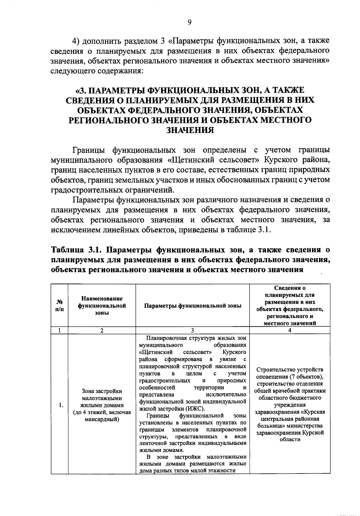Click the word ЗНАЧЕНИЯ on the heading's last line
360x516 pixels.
tap(190, 130)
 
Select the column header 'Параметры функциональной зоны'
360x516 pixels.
tap(193, 306)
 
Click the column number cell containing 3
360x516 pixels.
tap(193, 330)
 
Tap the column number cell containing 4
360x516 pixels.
tap(289, 330)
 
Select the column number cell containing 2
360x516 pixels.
tap(102, 330)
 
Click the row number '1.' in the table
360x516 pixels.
tap(61, 405)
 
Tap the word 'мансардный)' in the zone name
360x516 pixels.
tap(102, 419)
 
